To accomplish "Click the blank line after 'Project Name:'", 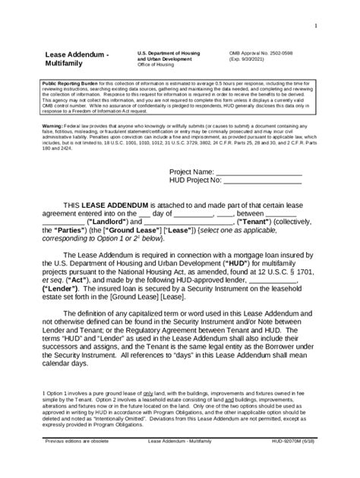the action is [x=259, y=172].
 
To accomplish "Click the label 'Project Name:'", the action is [x=191, y=172].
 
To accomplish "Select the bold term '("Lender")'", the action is [x=67, y=288].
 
